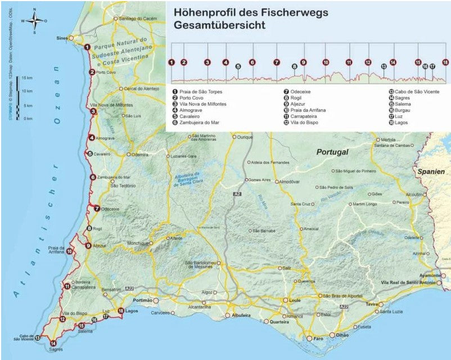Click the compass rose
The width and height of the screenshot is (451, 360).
(x=34, y=21)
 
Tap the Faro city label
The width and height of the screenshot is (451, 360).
(x=319, y=339)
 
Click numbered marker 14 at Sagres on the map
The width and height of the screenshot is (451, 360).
(x=53, y=343)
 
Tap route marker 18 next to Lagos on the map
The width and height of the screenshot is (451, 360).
(x=120, y=310)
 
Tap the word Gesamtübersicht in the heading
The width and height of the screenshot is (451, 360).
(x=220, y=26)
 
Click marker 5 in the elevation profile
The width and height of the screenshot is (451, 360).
(x=238, y=66)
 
